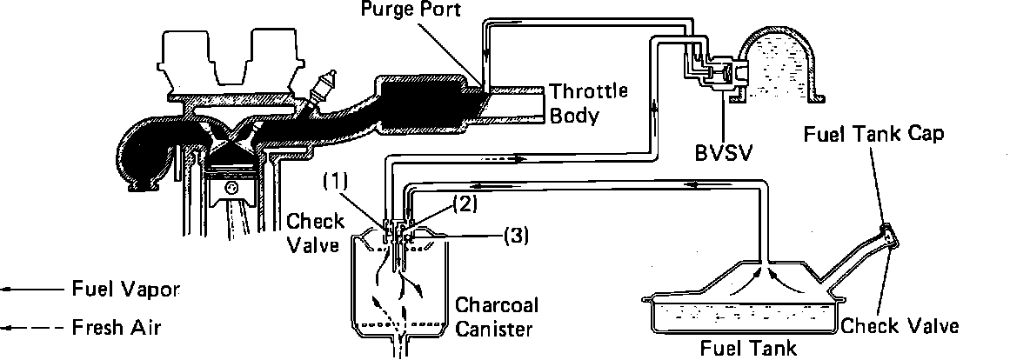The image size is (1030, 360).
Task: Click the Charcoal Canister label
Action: tap(497, 317)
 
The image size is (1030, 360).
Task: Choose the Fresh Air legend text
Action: tap(111, 329)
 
